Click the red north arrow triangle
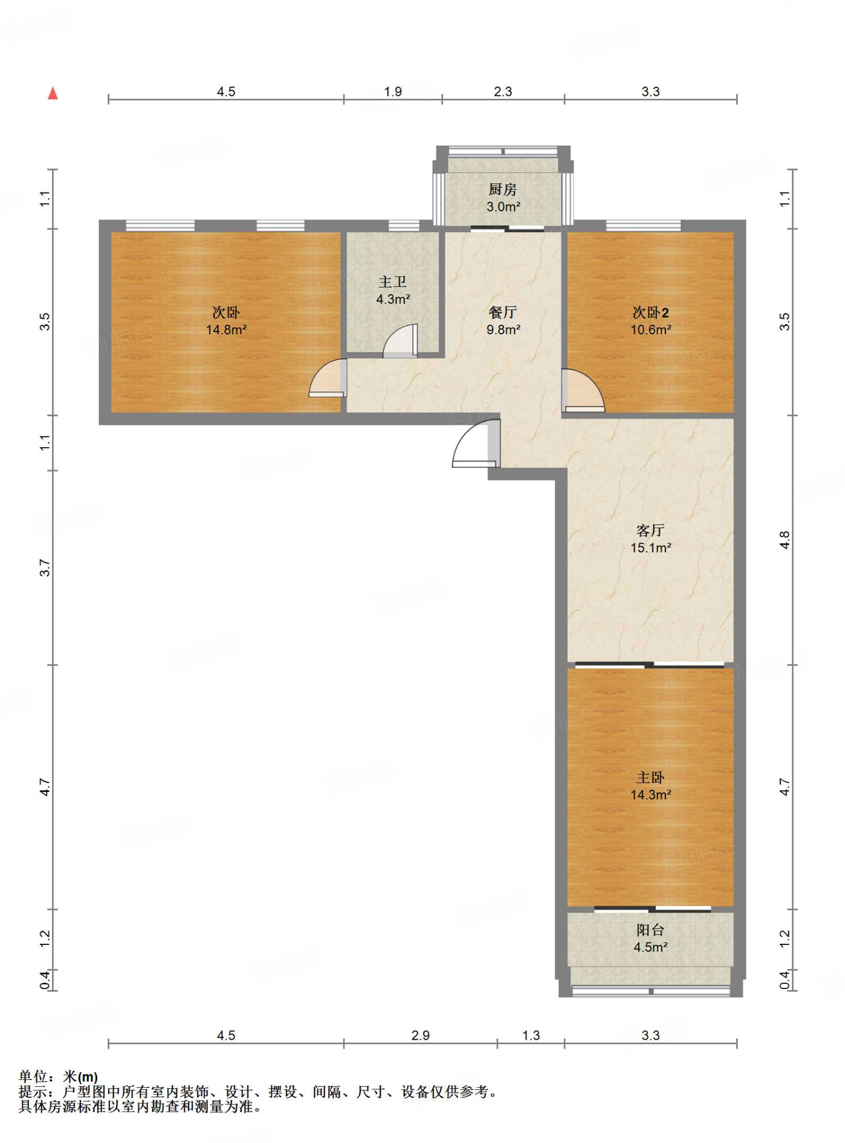pyautogui.click(x=53, y=93)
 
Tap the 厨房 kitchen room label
pyautogui.click(x=503, y=190)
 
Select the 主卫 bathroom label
pyautogui.click(x=393, y=282)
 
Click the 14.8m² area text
pyautogui.click(x=226, y=330)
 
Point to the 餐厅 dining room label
pyautogui.click(x=503, y=313)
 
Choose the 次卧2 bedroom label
pyautogui.click(x=650, y=313)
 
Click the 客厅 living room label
pyautogui.click(x=650, y=530)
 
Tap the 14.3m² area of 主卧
pyautogui.click(x=651, y=795)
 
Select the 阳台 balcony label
pyautogui.click(x=650, y=930)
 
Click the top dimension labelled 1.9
pyautogui.click(x=393, y=92)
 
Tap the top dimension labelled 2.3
pyautogui.click(x=503, y=92)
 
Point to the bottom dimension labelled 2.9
pyautogui.click(x=420, y=1036)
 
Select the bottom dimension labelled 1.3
pyautogui.click(x=531, y=1036)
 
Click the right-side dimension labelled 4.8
pyautogui.click(x=785, y=540)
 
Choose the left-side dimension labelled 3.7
pyautogui.click(x=45, y=568)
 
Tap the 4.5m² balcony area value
pyautogui.click(x=651, y=947)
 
